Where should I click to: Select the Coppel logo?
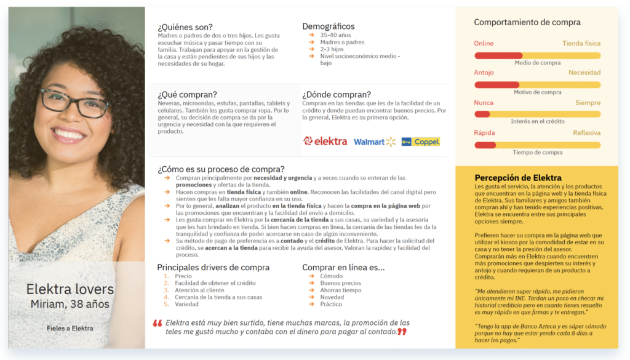421,142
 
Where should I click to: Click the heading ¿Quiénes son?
185,26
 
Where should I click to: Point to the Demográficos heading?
329,26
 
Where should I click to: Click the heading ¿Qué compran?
187,95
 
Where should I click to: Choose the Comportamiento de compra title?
527,23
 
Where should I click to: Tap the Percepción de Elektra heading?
518,178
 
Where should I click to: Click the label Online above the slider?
484,44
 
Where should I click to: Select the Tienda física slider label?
581,44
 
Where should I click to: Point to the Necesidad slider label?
584,73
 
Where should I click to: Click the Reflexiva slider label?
586,133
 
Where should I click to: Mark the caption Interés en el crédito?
537,122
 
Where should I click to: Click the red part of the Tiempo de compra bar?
485,145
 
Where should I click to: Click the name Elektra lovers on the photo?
70,289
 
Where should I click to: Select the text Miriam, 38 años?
70,304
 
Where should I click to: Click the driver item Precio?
183,276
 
